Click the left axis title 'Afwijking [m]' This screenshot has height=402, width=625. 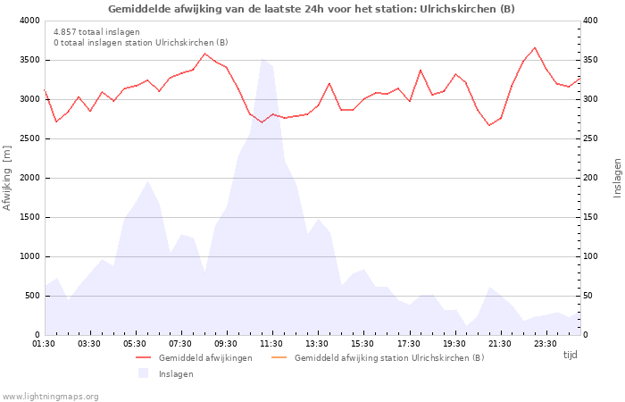[x=7, y=178]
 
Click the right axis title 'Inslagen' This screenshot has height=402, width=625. [x=617, y=178]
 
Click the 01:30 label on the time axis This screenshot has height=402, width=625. [x=45, y=344]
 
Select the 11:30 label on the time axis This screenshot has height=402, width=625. [x=272, y=344]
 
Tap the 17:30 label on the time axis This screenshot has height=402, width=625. [x=409, y=344]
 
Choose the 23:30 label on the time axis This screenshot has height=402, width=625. [x=546, y=344]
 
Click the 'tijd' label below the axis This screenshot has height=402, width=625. [x=571, y=355]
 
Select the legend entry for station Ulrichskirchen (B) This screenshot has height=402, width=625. [x=388, y=358]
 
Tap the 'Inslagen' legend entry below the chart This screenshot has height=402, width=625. [x=176, y=374]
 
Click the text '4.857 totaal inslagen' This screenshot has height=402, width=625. [x=96, y=32]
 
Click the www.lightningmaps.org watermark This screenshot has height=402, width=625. [x=51, y=396]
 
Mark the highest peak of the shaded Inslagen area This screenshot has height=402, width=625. [x=262, y=59]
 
